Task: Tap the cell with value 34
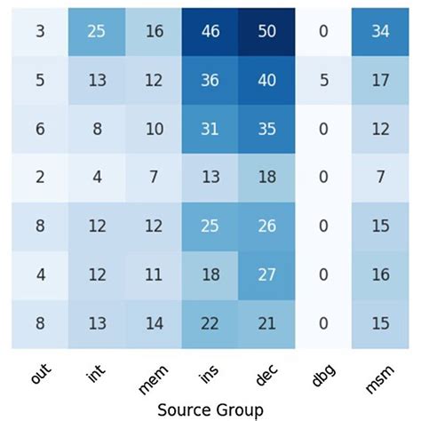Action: [x=381, y=29]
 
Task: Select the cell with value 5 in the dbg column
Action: [x=322, y=80]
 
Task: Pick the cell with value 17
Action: [x=381, y=80]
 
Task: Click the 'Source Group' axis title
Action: [x=210, y=409]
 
